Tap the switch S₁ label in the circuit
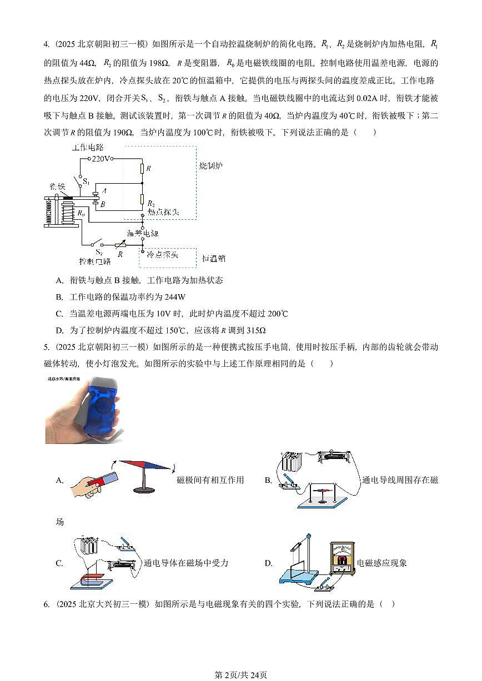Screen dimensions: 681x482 [x=86, y=181]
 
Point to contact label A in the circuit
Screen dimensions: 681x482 [x=104, y=190]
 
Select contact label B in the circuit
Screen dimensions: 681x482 [x=103, y=204]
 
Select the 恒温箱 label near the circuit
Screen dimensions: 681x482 [x=214, y=259]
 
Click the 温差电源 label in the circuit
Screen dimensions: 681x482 [x=143, y=233]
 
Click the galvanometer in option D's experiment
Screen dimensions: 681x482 [x=342, y=557]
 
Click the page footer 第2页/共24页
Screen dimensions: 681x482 [x=240, y=675]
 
